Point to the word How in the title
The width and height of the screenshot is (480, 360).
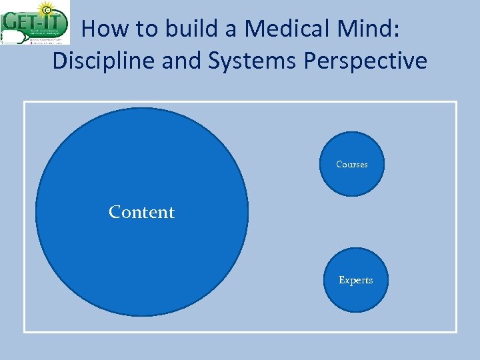point(104,29)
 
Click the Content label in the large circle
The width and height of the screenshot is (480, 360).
point(141,212)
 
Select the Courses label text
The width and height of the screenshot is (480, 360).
point(352,165)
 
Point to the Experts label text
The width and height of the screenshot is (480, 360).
point(355,280)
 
